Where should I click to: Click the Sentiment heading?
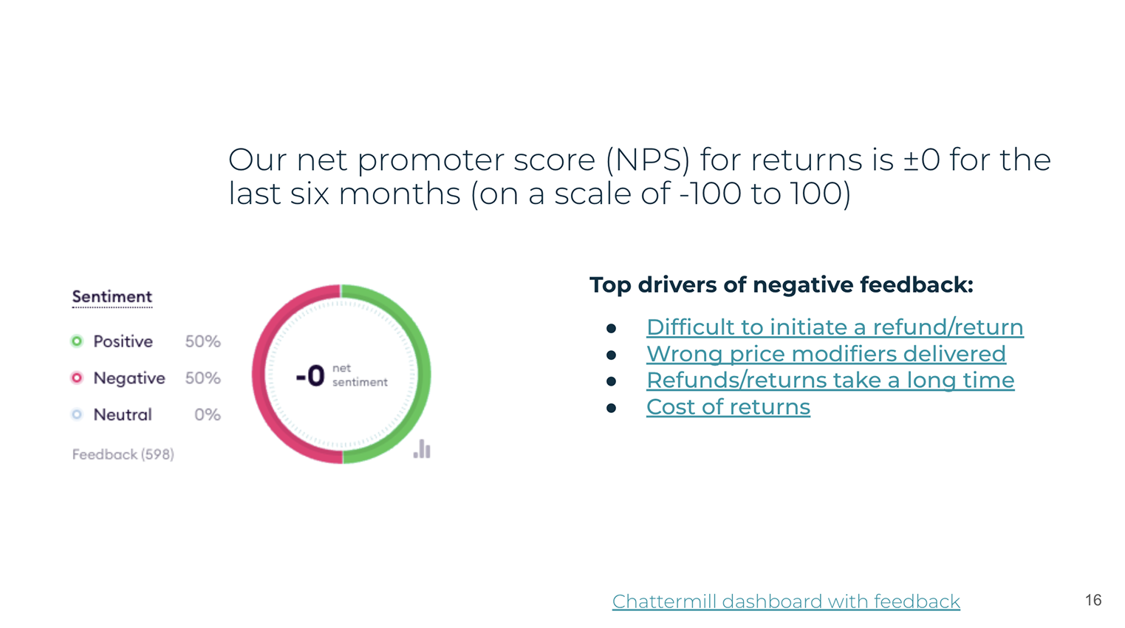point(112,297)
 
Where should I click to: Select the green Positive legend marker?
point(77,341)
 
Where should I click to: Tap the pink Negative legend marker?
point(77,378)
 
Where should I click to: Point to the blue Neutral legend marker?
point(77,414)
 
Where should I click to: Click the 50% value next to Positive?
point(203,341)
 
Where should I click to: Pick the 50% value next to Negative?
point(203,378)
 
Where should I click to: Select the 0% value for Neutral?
point(208,414)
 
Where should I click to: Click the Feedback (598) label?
point(123,454)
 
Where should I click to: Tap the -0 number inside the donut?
point(310,376)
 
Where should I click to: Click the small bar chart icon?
point(422,448)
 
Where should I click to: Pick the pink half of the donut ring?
point(259,375)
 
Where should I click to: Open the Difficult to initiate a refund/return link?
point(835,327)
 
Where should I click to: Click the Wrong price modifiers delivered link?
point(826,354)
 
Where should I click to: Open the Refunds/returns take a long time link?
point(830,380)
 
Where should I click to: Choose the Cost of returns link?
point(728,407)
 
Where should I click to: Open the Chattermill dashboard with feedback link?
point(786,601)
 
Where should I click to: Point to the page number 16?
point(1093,600)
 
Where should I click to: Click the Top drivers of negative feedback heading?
point(782,285)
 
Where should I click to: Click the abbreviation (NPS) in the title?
point(648,160)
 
